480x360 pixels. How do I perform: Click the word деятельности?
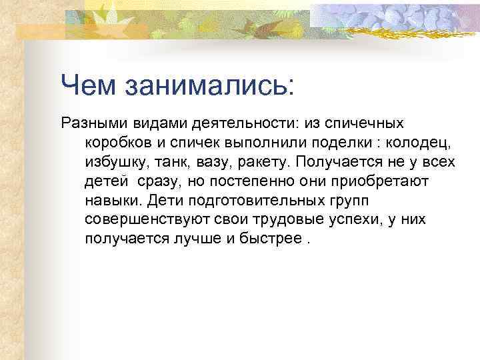(x=229, y=123)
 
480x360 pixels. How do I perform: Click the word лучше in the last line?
(x=198, y=239)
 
